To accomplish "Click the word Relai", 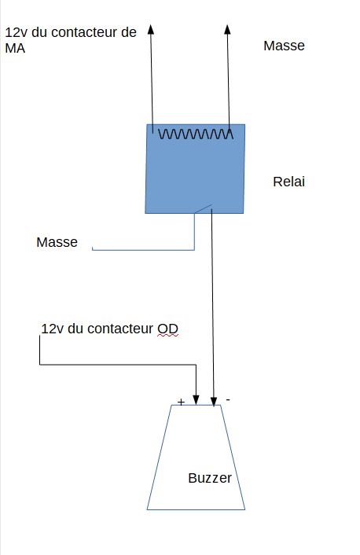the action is point(288,182).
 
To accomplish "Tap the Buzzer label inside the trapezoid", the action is point(210,478).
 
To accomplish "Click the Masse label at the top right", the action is point(284,46).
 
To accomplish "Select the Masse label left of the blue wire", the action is point(57,242).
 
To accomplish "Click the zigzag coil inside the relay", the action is point(196,134).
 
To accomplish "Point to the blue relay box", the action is point(195,169).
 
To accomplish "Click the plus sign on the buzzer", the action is point(181,402).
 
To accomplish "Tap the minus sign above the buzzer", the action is point(228,399).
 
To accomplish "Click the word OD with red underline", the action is point(167,329).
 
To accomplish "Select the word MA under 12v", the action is point(15,48).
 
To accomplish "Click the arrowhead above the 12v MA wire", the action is point(151,29).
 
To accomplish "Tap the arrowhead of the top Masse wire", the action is point(227,29).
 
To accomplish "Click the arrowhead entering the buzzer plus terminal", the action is point(196,400).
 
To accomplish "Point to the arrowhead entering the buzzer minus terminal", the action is point(214,402).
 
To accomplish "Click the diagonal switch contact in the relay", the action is point(203,209).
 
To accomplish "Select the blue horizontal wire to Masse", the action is point(143,250).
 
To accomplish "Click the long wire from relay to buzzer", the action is point(212,307).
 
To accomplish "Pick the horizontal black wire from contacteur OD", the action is point(118,364).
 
